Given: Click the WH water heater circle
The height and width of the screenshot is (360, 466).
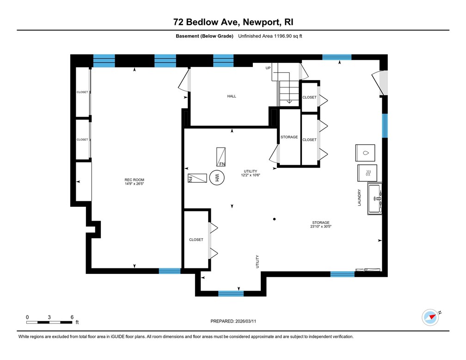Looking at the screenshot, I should [216, 177].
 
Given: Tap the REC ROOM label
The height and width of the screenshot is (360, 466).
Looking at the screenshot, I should [135, 180].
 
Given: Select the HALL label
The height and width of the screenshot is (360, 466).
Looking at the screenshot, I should [232, 96].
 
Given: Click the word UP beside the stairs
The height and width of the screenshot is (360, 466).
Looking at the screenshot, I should [268, 68].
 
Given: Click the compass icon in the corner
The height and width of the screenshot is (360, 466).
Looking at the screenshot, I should [430, 317].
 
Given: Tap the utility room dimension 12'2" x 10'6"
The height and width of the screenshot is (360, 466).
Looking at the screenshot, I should [251, 175].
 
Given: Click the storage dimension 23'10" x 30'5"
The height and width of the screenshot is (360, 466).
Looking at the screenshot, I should [321, 227].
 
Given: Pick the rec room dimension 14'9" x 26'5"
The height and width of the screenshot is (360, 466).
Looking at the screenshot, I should [135, 184].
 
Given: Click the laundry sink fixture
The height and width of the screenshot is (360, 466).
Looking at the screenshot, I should [374, 199].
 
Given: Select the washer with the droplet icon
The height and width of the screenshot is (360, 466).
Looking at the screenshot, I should [366, 153].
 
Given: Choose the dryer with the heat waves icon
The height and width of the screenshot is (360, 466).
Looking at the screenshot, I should [367, 173].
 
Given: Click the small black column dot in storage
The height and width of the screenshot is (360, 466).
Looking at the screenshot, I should [275, 219].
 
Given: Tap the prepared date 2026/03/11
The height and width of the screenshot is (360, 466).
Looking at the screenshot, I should [233, 321].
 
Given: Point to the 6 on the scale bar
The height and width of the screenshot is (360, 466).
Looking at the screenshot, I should [72, 317].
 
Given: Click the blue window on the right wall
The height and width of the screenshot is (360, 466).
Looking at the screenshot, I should [384, 125].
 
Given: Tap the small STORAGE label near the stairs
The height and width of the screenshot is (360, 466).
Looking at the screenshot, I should [289, 137].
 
